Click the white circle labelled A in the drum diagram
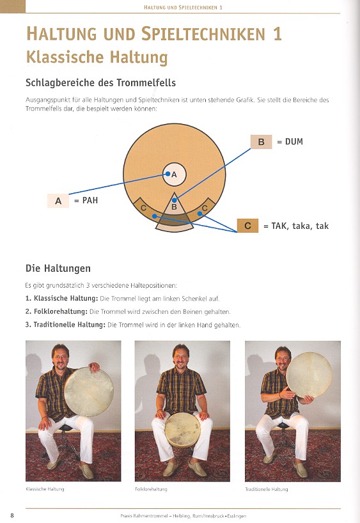174,174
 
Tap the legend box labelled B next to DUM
262,142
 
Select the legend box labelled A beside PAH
58,201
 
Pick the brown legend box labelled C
247,226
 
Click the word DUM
294,141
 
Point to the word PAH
90,201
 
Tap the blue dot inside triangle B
174,200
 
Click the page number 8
12,515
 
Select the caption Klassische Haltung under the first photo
45,489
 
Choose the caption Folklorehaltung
151,489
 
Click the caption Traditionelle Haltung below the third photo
266,489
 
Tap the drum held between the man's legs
182,430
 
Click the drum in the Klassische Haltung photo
89,391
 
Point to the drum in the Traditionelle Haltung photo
309,375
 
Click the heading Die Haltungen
58,268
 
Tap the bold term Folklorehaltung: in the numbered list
61,311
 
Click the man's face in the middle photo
181,357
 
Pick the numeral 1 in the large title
277,34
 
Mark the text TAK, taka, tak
300,226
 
